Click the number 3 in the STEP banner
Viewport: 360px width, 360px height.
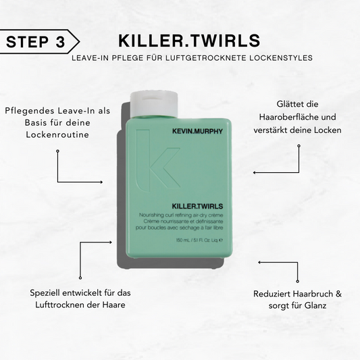[60, 42]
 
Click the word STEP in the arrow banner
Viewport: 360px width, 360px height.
[27, 42]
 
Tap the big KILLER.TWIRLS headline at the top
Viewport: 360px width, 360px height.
[189, 41]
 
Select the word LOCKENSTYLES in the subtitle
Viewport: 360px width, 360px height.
[281, 58]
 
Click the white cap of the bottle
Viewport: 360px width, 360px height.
[154, 104]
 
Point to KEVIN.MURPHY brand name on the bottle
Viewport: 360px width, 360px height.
[197, 131]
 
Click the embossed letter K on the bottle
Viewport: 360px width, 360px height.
[158, 160]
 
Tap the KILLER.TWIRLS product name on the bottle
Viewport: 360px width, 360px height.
[197, 206]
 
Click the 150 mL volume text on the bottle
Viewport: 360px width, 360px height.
[183, 240]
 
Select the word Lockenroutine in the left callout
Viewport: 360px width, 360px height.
[57, 135]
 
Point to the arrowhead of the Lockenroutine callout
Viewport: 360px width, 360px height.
[101, 182]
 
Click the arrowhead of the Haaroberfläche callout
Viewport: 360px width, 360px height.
[255, 172]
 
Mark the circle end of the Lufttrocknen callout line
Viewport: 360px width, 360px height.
[80, 278]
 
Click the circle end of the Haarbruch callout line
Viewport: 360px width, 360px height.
[298, 281]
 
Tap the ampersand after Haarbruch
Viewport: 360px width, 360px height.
[338, 294]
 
